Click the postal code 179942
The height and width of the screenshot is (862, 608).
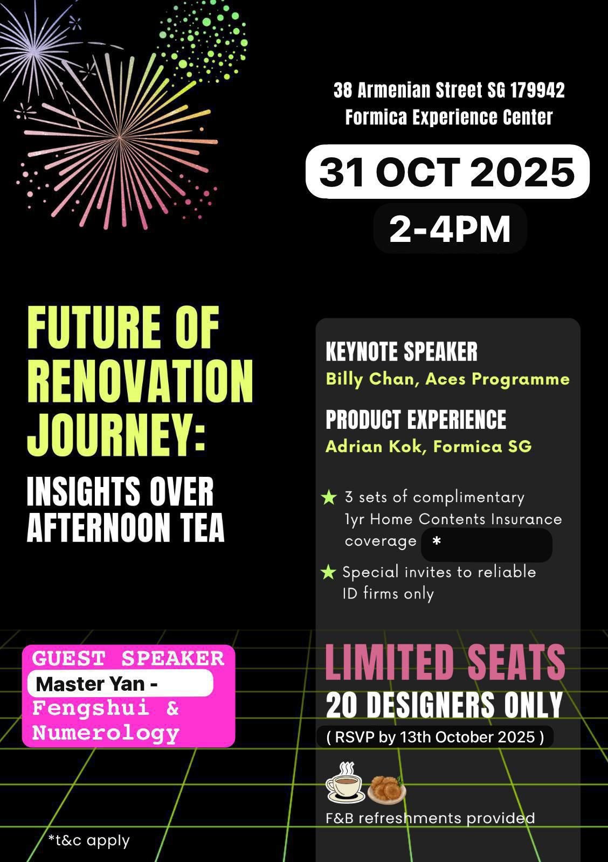pos(537,91)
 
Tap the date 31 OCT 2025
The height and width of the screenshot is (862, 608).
pos(447,172)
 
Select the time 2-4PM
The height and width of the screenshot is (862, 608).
pos(450,229)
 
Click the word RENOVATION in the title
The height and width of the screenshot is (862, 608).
pos(140,381)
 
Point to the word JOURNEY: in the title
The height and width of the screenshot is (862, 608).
pos(116,435)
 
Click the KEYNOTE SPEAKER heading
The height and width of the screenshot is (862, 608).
pos(402,351)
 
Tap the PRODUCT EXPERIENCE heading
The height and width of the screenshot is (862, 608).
pos(416,419)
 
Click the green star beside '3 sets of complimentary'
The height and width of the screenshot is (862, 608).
pos(329,497)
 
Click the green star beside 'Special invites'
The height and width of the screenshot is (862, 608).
pos(328,572)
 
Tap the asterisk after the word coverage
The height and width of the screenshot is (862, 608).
pos(437,541)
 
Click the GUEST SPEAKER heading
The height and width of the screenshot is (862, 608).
pos(128,658)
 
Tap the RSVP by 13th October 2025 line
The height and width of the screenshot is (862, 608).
pos(435,737)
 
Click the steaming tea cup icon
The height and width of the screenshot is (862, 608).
pos(345,782)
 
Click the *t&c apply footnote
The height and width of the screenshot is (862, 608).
pos(89,840)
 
